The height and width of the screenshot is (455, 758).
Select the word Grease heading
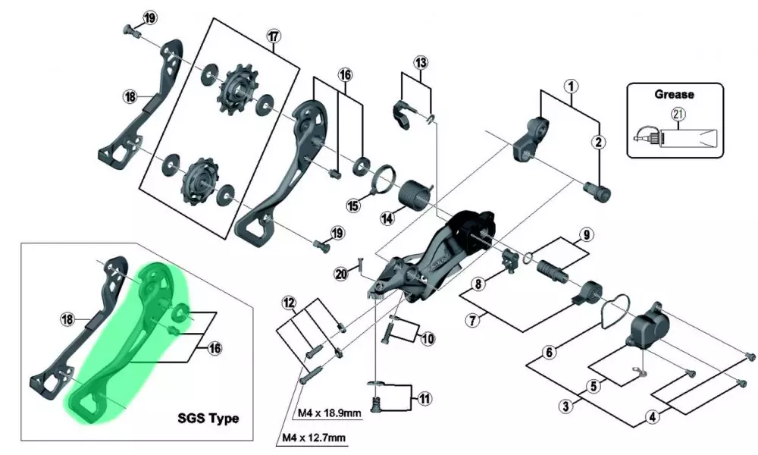click(674, 96)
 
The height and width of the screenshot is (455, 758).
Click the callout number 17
click(274, 36)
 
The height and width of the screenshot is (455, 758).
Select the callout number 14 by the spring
click(387, 218)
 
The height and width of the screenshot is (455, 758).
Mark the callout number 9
click(585, 234)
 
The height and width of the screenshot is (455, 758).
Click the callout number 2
click(598, 142)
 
